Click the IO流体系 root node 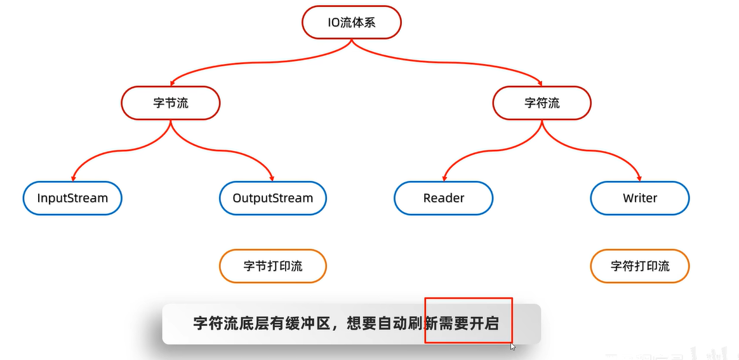(351, 22)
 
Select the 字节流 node (171, 103)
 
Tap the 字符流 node (542, 103)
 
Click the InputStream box (72, 198)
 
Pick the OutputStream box (273, 198)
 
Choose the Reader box (444, 198)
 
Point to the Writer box (640, 198)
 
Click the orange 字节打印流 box (273, 266)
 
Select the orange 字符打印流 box (640, 266)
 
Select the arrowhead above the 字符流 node (540, 83)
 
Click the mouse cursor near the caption (513, 347)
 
